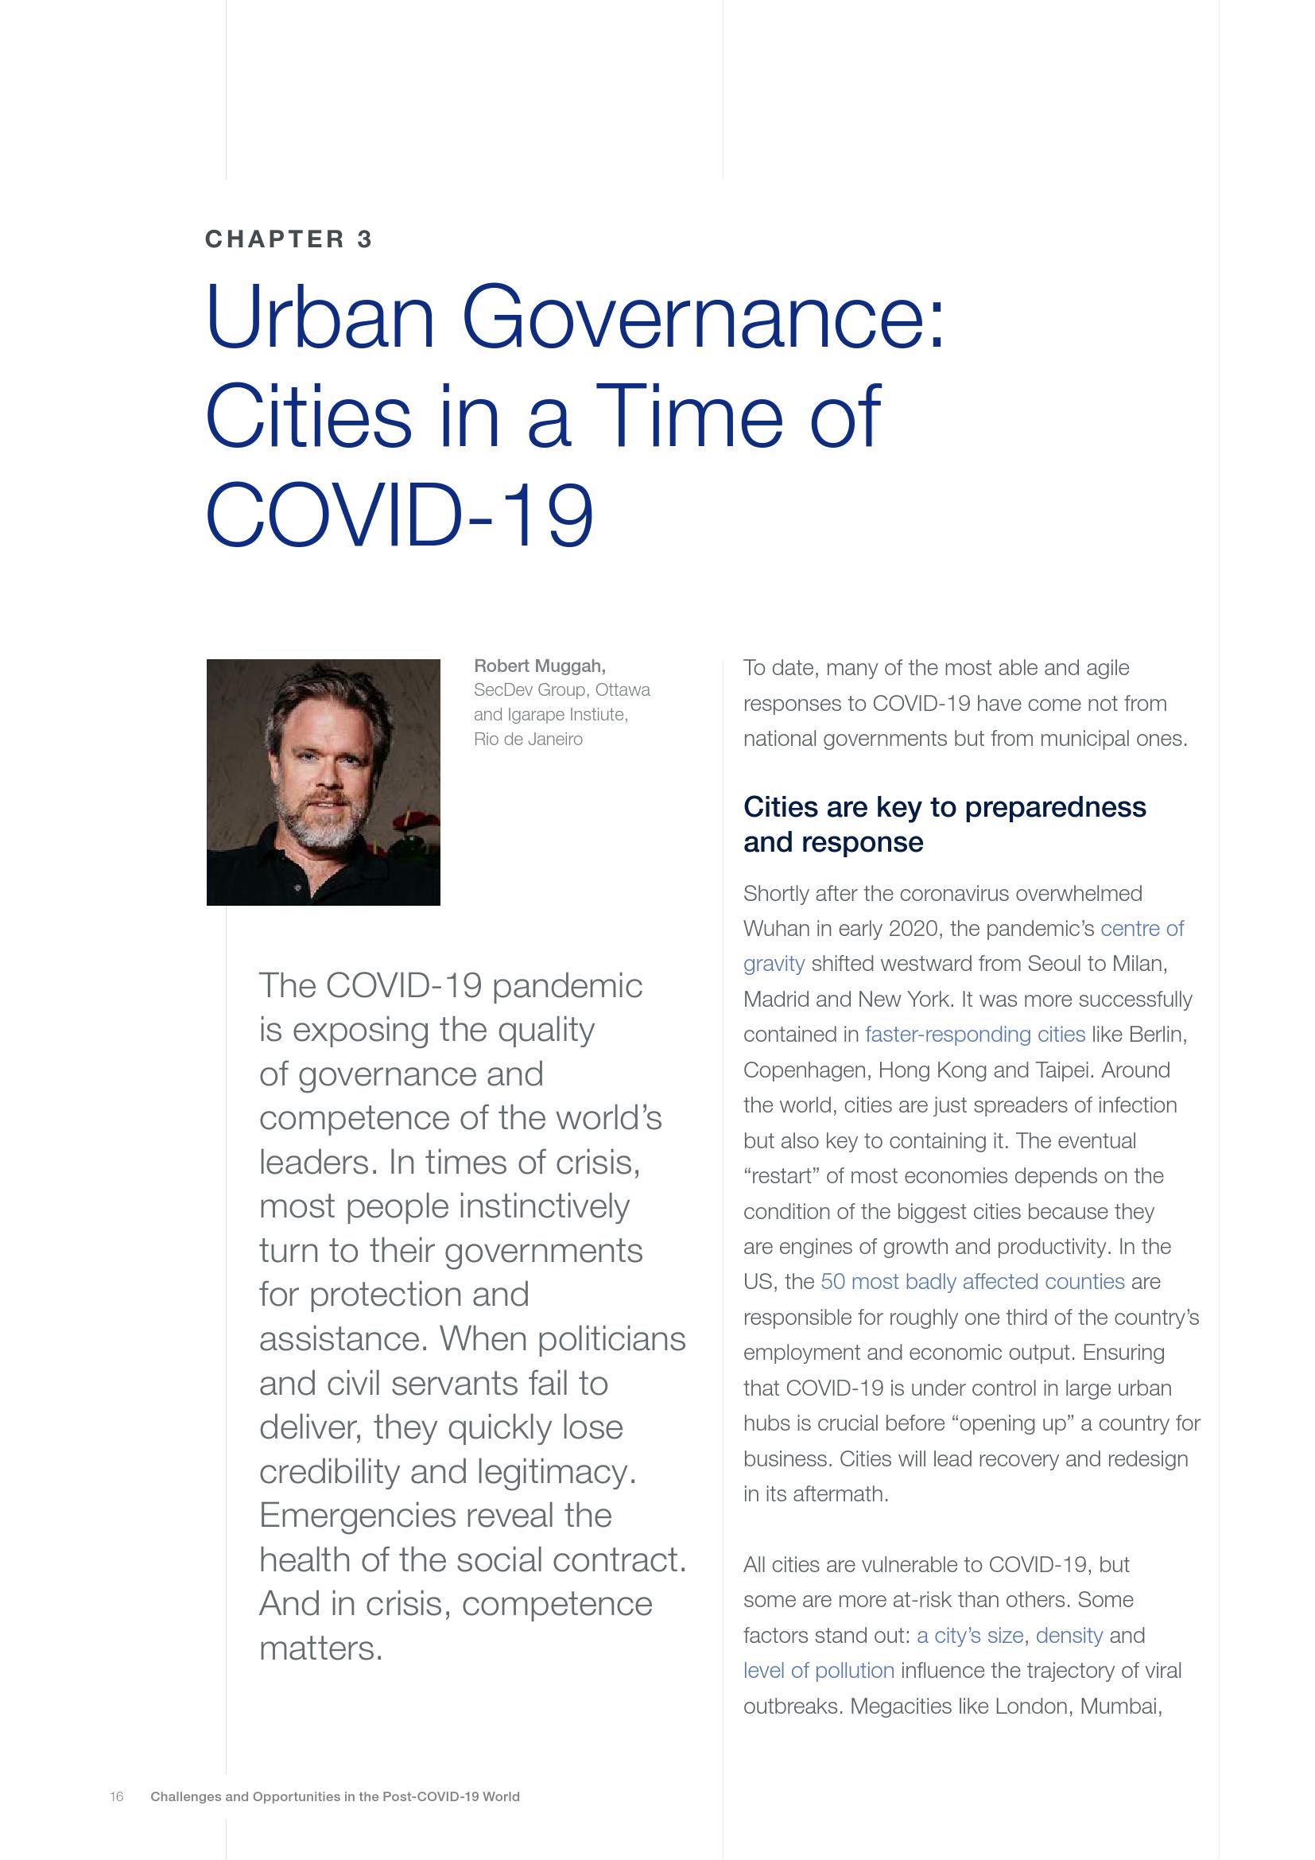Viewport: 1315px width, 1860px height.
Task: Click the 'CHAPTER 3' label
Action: click(x=289, y=239)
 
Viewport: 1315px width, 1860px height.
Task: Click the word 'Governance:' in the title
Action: click(x=703, y=316)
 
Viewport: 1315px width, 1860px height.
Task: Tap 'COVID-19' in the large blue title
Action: click(x=400, y=515)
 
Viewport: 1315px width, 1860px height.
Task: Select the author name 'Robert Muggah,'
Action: click(x=539, y=666)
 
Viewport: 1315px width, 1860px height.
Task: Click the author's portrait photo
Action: click(x=323, y=782)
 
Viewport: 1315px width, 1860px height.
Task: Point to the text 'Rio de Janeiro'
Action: click(x=528, y=739)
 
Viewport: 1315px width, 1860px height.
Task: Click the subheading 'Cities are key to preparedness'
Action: click(x=945, y=807)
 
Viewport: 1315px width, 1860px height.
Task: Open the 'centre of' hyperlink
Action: click(x=1142, y=928)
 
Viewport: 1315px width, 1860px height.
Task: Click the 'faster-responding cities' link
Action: click(x=974, y=1035)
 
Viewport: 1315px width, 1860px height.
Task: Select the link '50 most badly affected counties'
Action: click(x=972, y=1282)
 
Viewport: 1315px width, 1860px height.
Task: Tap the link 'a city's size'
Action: click(x=969, y=1636)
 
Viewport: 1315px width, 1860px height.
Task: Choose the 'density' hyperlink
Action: click(x=1069, y=1636)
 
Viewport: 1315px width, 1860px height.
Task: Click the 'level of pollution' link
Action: click(x=819, y=1671)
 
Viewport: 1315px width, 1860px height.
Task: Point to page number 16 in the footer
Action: click(x=117, y=1796)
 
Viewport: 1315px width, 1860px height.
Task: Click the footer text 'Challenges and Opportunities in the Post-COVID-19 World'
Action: click(x=335, y=1796)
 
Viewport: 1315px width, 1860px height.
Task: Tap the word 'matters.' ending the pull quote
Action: click(x=320, y=1648)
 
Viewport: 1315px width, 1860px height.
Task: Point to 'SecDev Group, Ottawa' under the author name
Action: click(x=561, y=690)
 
